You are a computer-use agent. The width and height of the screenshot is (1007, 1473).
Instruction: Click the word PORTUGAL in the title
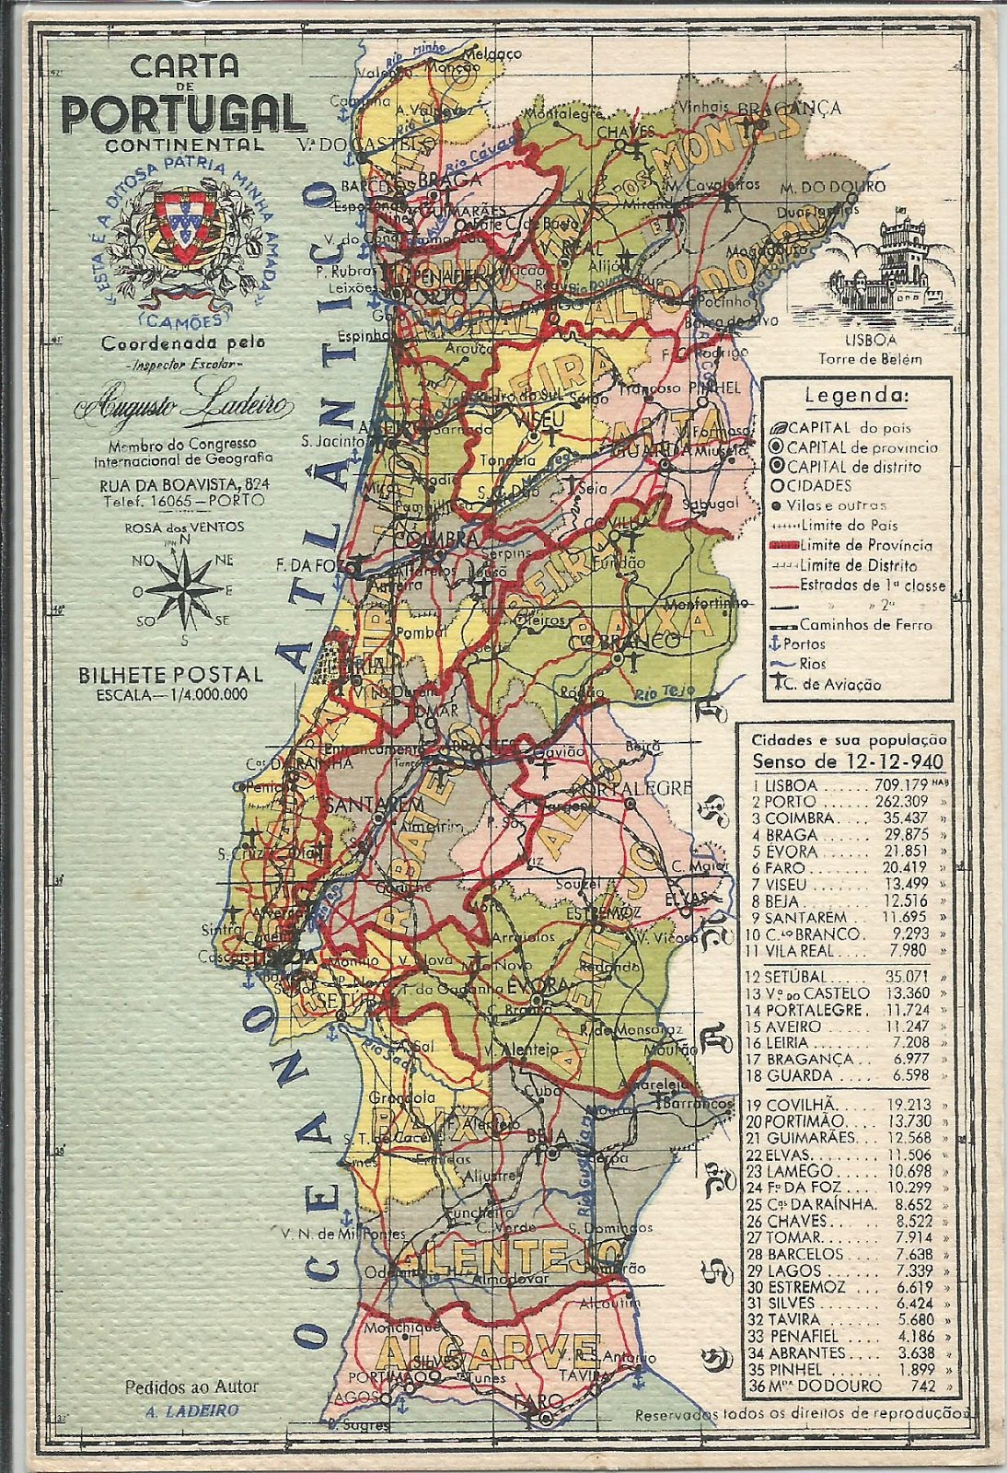[184, 113]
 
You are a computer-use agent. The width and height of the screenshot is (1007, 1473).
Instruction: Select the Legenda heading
[856, 397]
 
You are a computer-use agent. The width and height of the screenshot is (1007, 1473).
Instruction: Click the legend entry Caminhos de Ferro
[865, 624]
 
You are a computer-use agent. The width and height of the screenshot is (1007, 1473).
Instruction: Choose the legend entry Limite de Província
[865, 545]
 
